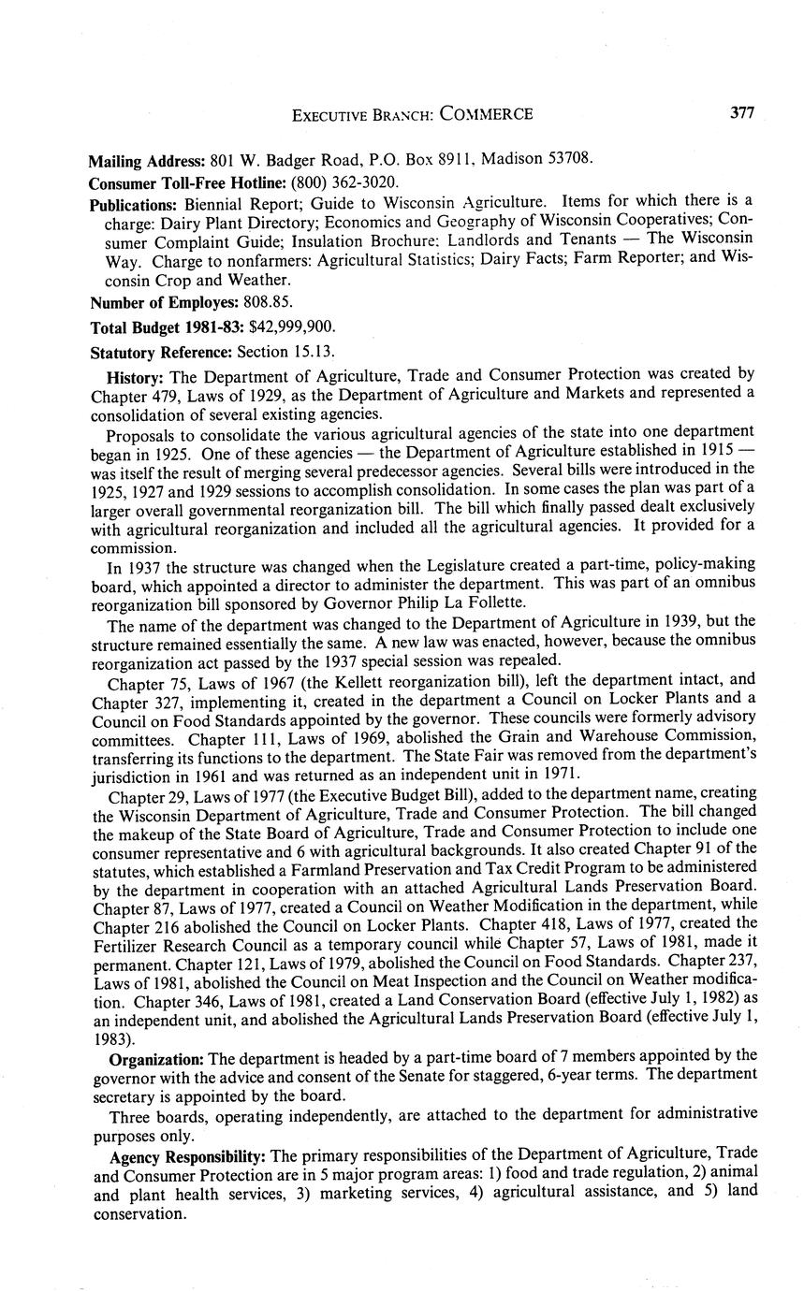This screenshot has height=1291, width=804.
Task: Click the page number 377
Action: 741,113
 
